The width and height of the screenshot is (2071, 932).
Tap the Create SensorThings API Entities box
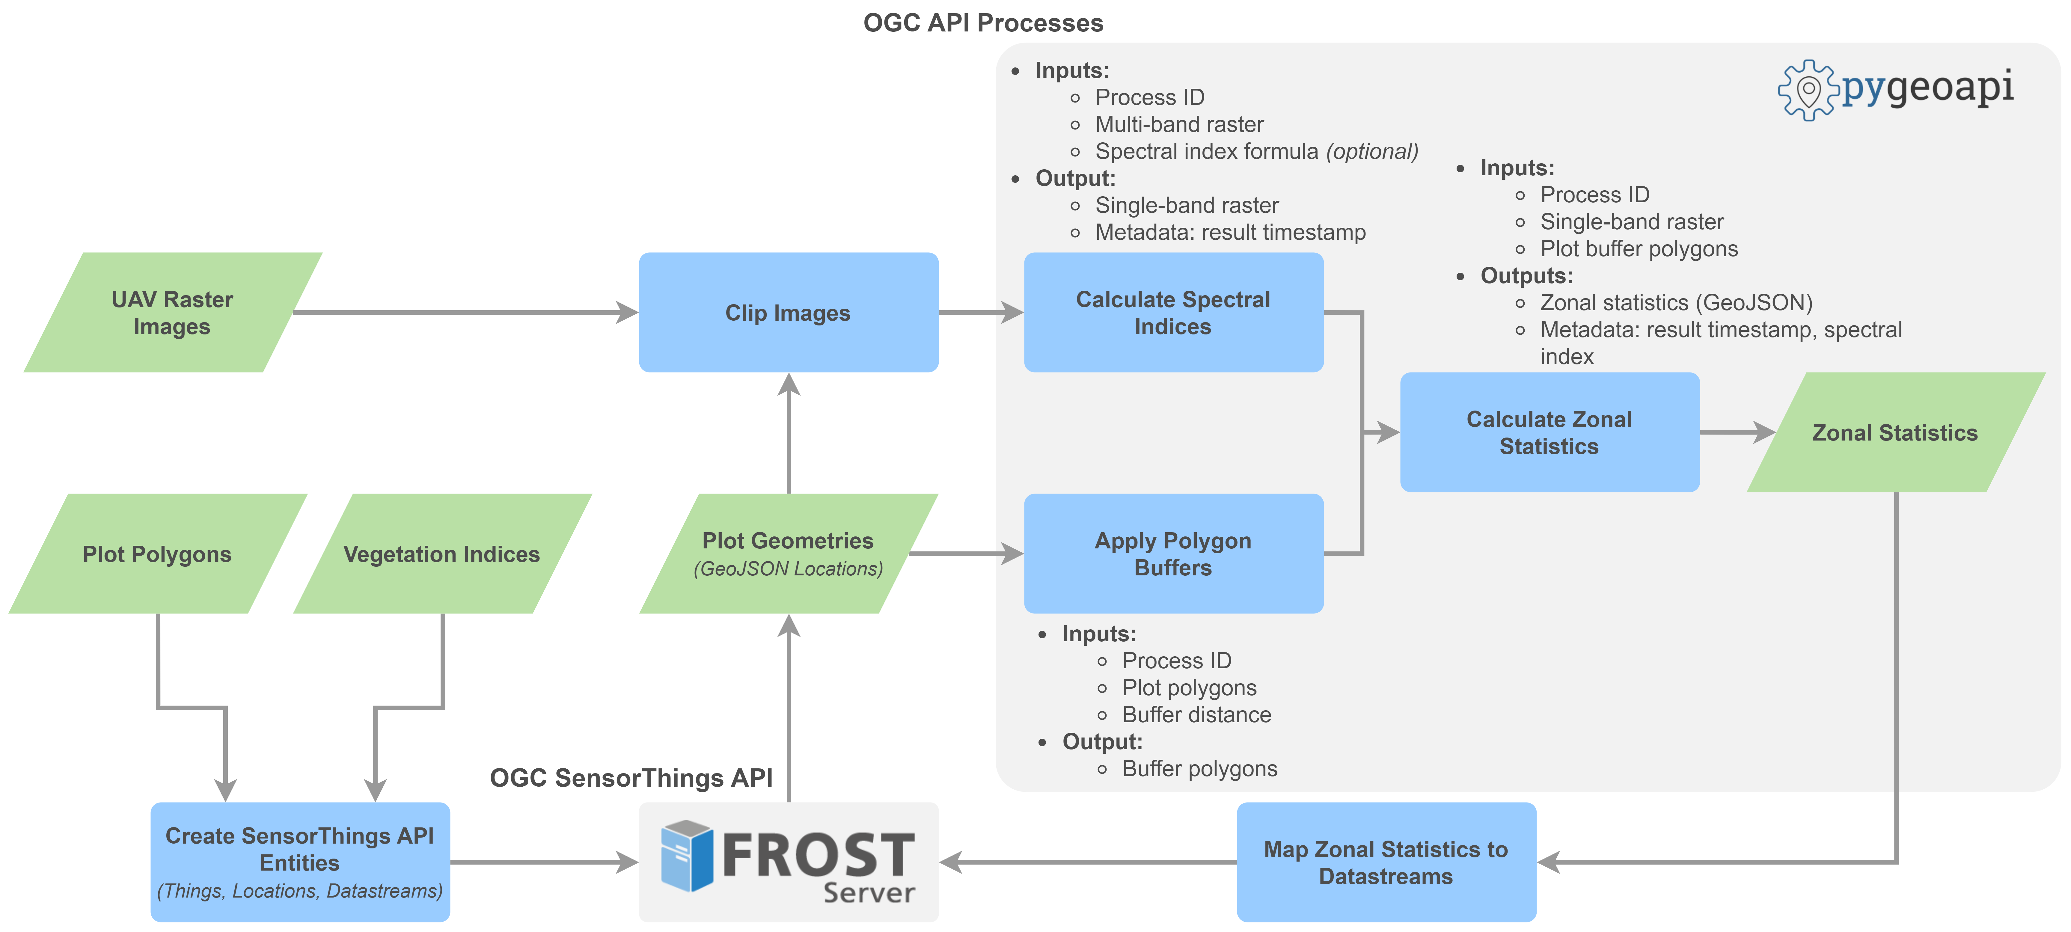(x=300, y=862)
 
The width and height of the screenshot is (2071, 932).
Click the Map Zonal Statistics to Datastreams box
(x=1387, y=862)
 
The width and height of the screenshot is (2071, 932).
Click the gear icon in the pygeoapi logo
(x=1808, y=90)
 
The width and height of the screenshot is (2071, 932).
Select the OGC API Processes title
(x=983, y=22)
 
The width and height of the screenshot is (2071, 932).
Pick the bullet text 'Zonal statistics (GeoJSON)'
(x=1676, y=302)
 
